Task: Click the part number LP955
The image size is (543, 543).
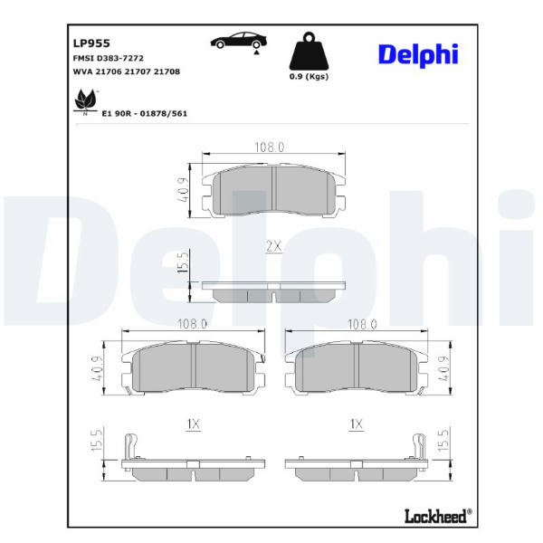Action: [91, 43]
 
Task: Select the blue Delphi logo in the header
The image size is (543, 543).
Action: [418, 54]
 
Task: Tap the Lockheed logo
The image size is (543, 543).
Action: [438, 516]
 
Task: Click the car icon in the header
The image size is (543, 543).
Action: [239, 42]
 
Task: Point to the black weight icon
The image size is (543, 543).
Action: [309, 51]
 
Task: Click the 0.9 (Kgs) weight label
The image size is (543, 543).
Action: [309, 77]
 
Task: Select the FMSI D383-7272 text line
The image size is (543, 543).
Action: [108, 58]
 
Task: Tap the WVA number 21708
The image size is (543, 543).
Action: [167, 71]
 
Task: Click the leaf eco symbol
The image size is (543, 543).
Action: [85, 101]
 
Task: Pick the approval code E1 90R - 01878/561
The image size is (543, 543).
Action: [145, 114]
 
